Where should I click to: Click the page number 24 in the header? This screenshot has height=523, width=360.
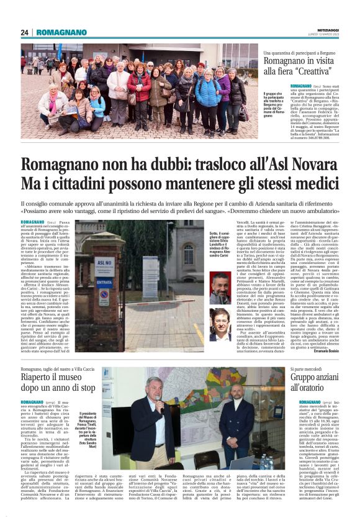[x=25, y=32]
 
